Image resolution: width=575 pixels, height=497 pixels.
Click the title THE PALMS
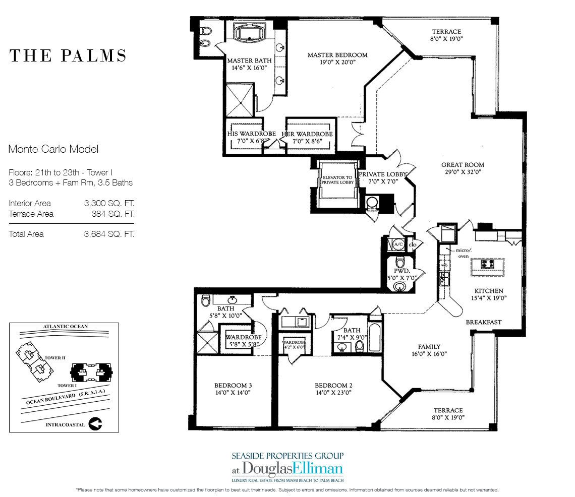(68, 55)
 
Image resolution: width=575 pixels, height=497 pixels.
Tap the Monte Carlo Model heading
(53, 149)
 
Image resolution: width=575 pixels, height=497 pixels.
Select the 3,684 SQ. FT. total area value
(109, 234)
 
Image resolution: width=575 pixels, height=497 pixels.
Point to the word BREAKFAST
(483, 322)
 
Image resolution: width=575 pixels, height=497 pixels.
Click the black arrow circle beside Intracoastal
(95, 424)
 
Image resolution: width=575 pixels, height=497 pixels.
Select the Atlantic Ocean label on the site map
(65, 327)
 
